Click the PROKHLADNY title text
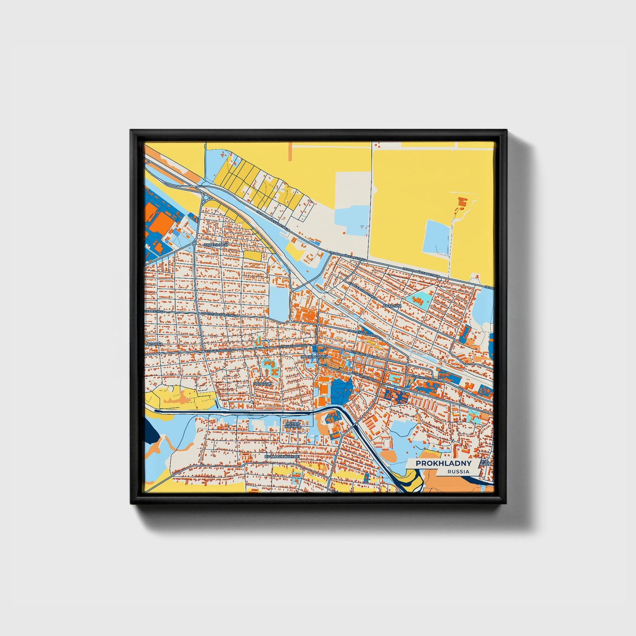pos(444,463)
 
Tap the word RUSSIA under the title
pos(458,471)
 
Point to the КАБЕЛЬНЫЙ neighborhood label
pos(216,245)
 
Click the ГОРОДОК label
pos(263,384)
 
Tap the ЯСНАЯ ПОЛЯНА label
pos(292,425)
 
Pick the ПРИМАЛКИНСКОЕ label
pos(282,457)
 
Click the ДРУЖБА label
pos(154,343)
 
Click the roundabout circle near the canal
pos(205,198)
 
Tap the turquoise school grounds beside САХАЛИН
pos(419,300)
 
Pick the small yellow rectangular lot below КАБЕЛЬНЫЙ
pos(252,255)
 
